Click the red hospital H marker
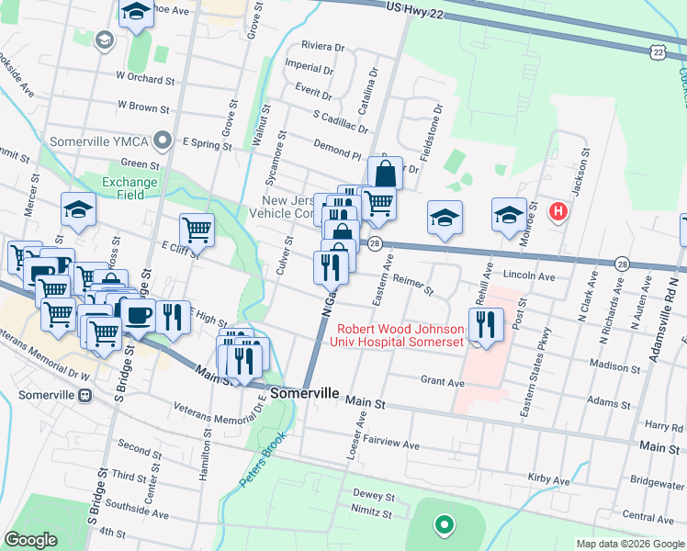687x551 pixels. coord(557,213)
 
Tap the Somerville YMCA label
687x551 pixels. coord(98,141)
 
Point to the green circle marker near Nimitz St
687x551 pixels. coord(444,525)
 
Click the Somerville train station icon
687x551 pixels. coord(85,395)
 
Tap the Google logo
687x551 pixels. coord(30,540)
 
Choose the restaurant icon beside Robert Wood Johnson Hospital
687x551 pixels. coord(486,324)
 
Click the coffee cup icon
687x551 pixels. coord(139,314)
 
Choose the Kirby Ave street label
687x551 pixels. coord(549,479)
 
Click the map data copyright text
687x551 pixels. coord(629,544)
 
